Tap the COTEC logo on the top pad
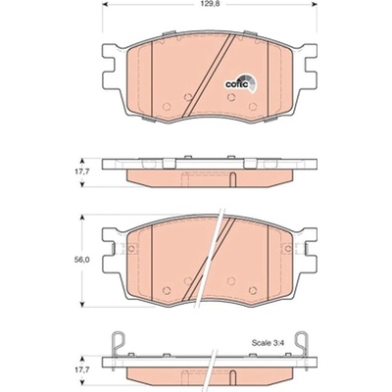tap(241, 83)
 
